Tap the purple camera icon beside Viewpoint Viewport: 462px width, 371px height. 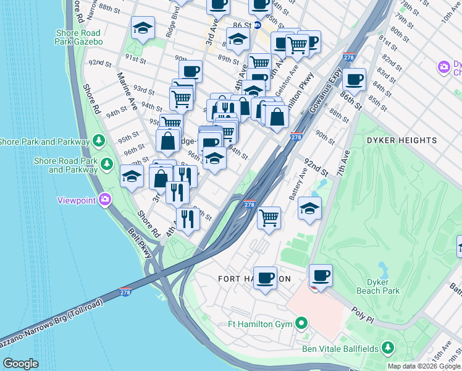coord(104,199)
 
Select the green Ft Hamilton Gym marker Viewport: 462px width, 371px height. coord(301,323)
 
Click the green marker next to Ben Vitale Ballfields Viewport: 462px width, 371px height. coord(387,348)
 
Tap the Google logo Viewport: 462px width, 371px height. coord(20,364)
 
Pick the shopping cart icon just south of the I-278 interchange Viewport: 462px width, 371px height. coord(269,217)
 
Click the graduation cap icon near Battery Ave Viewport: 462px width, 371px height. coord(309,208)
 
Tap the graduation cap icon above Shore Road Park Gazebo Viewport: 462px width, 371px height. coord(143,27)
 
